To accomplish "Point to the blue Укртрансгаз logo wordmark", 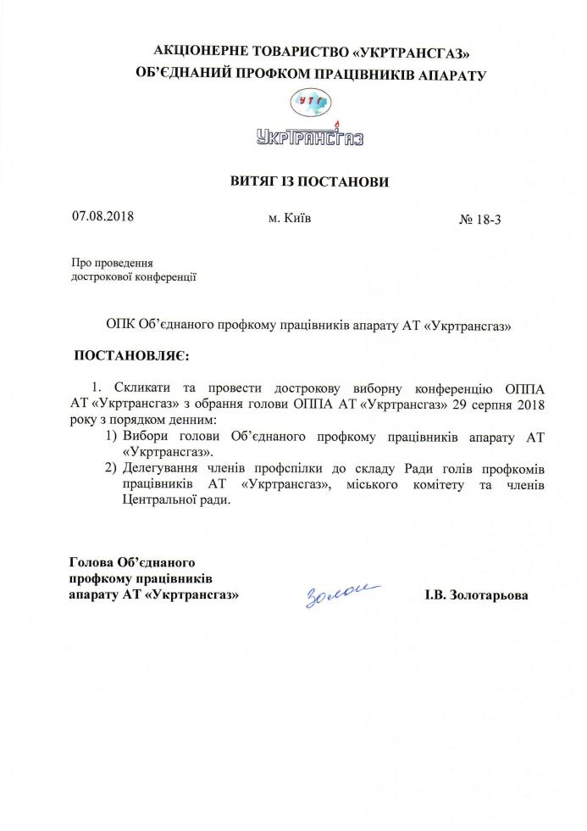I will click(309, 135).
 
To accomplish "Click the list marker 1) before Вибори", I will click(112, 436).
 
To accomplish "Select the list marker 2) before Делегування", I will click(112, 468).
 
